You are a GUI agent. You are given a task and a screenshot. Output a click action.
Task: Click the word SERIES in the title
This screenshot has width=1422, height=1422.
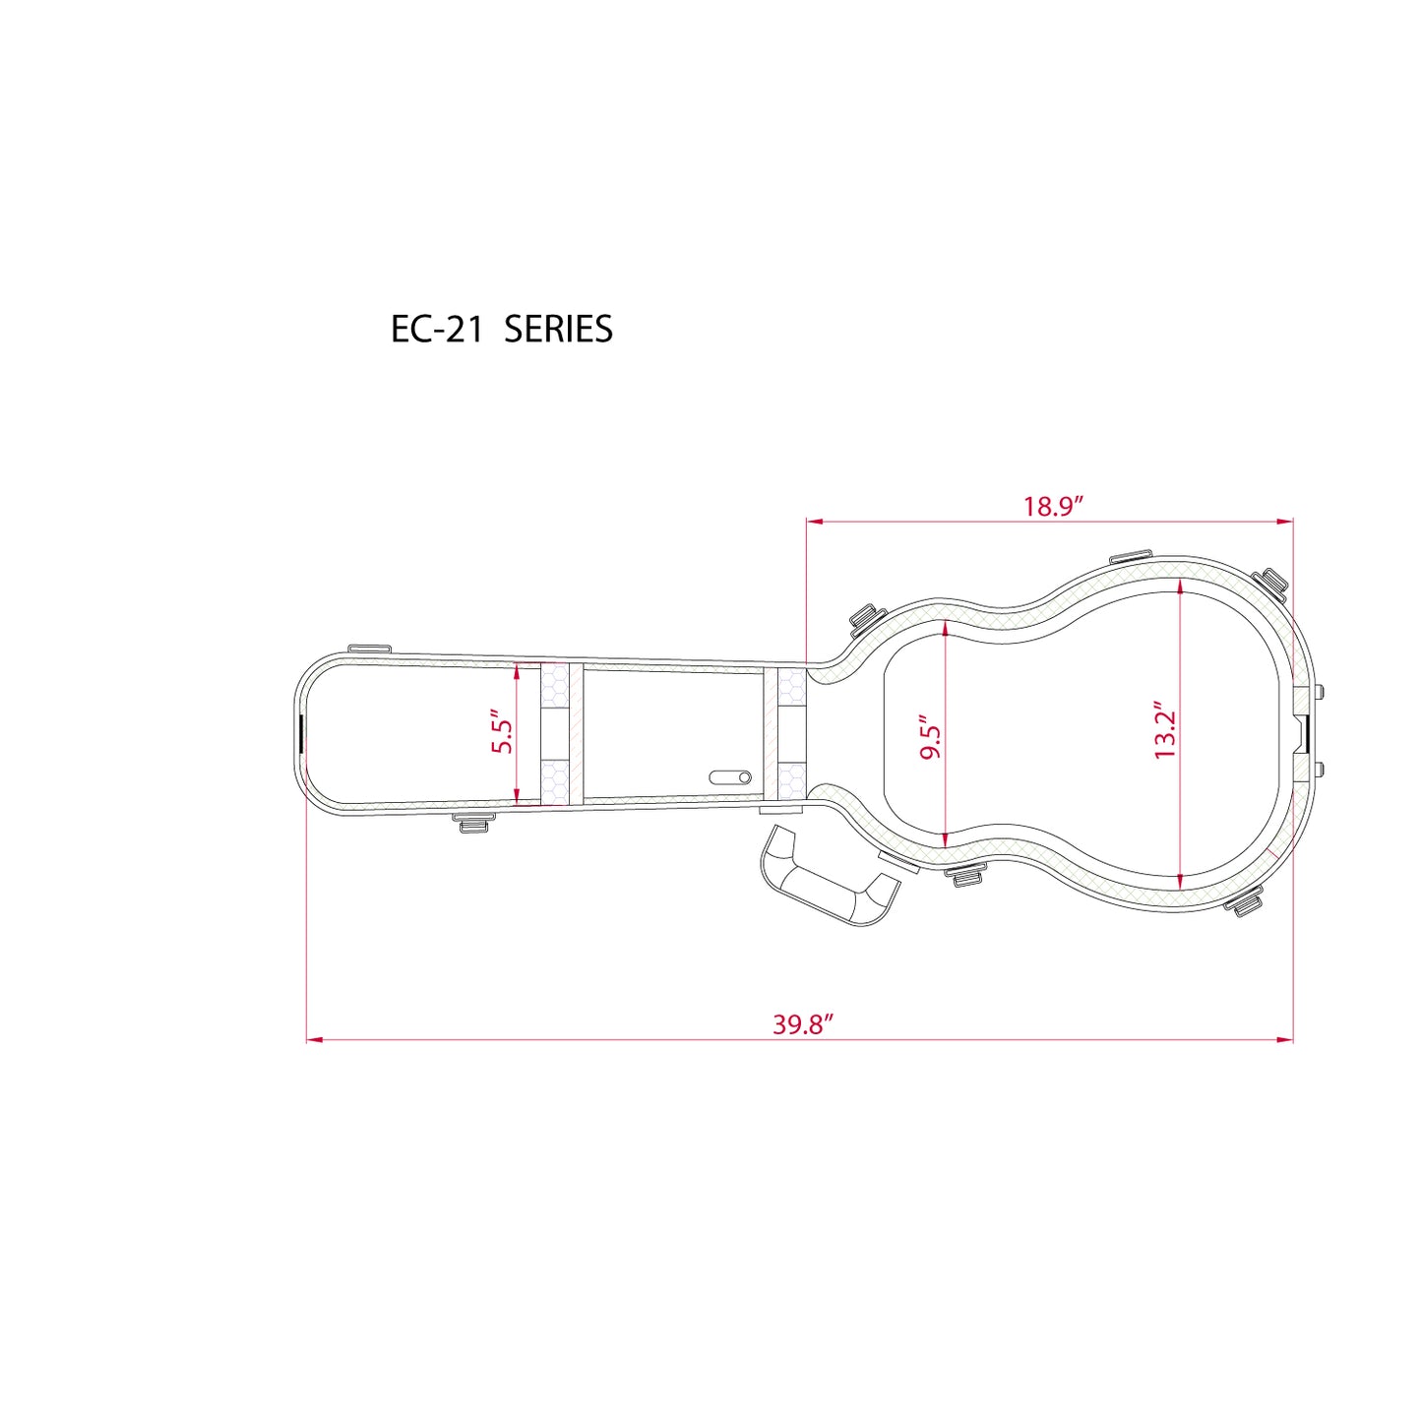pyautogui.click(x=558, y=329)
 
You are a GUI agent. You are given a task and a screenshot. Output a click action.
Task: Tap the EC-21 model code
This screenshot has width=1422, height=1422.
pyautogui.click(x=437, y=329)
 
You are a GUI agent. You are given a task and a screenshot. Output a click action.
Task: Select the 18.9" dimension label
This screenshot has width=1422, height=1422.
pyautogui.click(x=1052, y=507)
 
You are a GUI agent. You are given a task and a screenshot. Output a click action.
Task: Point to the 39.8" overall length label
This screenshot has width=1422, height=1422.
pyautogui.click(x=803, y=1025)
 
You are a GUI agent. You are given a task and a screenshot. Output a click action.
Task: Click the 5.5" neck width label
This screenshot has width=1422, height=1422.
pyautogui.click(x=503, y=732)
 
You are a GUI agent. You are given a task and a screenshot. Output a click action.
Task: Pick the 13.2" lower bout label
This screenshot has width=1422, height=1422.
pyautogui.click(x=1165, y=730)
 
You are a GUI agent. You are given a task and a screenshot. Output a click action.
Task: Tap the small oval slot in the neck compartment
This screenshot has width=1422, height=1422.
pyautogui.click(x=730, y=777)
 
